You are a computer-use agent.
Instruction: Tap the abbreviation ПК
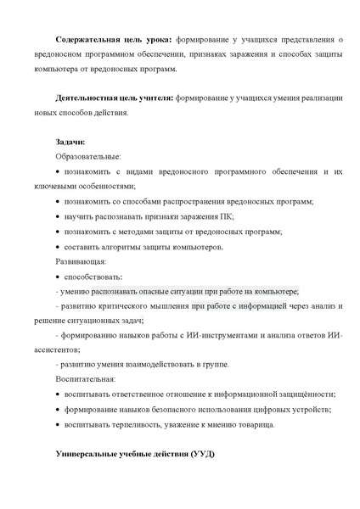coord(225,216)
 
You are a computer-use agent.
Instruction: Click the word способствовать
coord(93,277)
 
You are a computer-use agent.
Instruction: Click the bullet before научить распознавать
coord(57,217)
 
